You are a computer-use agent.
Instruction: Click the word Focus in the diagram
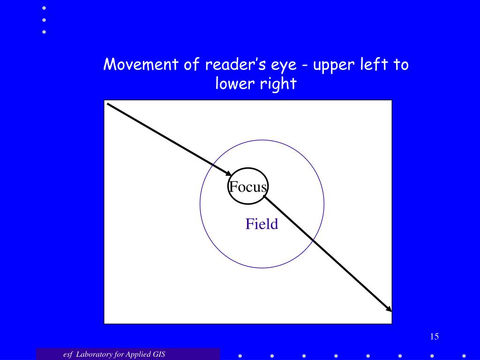tap(248, 187)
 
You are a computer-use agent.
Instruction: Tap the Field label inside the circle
tap(262, 224)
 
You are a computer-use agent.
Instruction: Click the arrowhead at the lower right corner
tap(389, 308)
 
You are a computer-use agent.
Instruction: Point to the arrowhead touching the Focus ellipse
tap(228, 173)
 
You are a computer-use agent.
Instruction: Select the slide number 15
tap(434, 337)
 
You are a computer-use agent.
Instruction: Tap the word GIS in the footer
tap(158, 354)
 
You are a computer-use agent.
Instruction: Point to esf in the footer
tap(68, 354)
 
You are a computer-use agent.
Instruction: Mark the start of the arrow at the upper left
tap(108, 104)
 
